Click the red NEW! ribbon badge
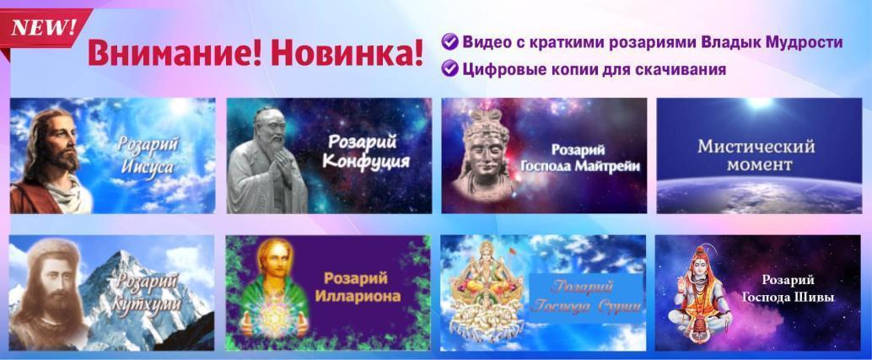click(45, 28)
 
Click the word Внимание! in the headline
click(175, 54)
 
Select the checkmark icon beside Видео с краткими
click(449, 41)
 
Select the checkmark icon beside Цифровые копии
click(449, 69)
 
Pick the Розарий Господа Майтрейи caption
click(579, 159)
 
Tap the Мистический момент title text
click(756, 156)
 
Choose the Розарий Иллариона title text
click(357, 287)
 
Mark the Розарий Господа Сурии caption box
click(587, 298)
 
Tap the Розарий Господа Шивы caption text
click(789, 289)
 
